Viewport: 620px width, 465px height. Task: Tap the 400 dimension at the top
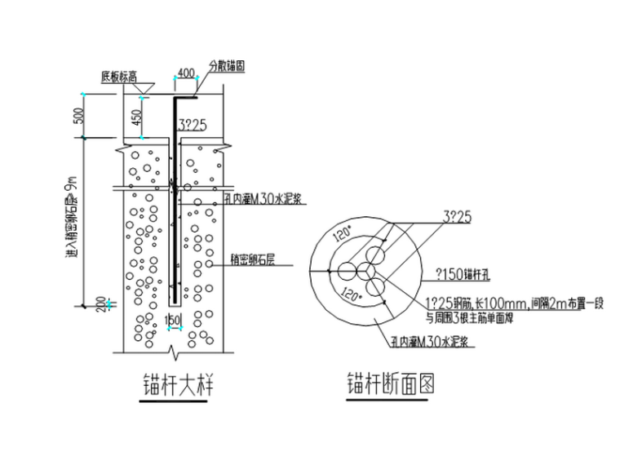coord(185,74)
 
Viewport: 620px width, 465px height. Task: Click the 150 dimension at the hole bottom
coord(173,320)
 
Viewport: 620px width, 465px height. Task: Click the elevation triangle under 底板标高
coord(143,87)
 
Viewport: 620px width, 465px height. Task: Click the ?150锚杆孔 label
coord(458,272)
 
